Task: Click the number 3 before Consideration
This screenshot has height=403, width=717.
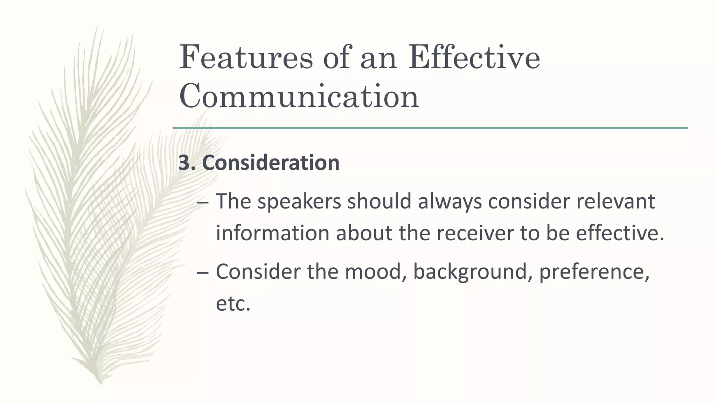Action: coord(184,163)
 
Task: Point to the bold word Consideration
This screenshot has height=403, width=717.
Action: coord(271,163)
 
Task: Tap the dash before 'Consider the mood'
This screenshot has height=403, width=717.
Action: coord(203,272)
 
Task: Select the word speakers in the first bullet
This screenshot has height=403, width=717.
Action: coord(299,202)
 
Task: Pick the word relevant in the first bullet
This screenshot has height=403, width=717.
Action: coord(615,202)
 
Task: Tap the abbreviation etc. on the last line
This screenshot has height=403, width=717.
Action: coord(233,303)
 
